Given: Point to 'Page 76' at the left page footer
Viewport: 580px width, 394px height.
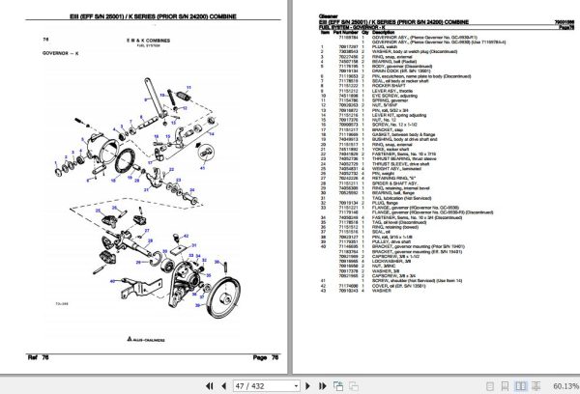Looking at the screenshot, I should (253, 356).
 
